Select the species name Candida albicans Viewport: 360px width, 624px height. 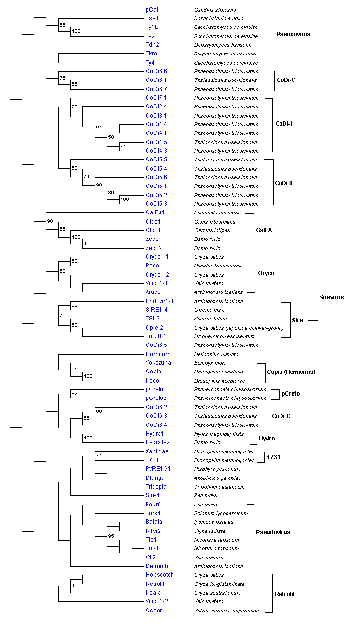coord(215,10)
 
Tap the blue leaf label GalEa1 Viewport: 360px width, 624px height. coord(155,212)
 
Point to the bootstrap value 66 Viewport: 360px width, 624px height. coord(74,84)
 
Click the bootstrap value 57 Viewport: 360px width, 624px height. coord(99,127)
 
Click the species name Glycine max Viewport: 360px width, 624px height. coord(210,310)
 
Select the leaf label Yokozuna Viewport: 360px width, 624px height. coord(158,362)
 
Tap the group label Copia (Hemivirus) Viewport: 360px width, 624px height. coord(291,372)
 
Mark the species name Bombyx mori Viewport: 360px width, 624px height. coord(210,362)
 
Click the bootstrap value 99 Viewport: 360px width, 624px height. coord(99,411)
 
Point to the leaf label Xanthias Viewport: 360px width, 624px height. coord(157,451)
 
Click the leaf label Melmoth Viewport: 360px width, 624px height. coord(157,566)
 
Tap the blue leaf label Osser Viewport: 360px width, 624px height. coord(154,611)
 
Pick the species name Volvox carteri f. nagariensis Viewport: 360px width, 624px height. coord(227,611)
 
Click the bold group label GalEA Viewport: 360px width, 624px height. coord(264,230)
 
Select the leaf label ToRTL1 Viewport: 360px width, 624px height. coord(156,336)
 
